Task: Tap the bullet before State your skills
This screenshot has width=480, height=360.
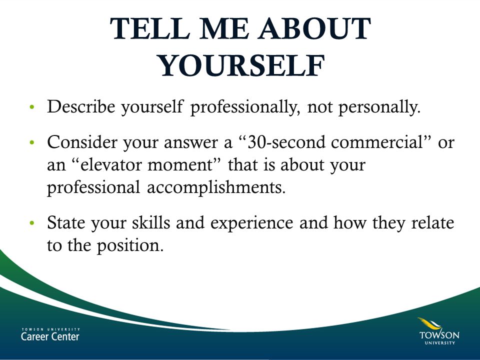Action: click(x=32, y=223)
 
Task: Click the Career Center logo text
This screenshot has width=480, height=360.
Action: click(x=50, y=335)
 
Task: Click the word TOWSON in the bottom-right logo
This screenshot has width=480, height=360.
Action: click(x=439, y=334)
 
